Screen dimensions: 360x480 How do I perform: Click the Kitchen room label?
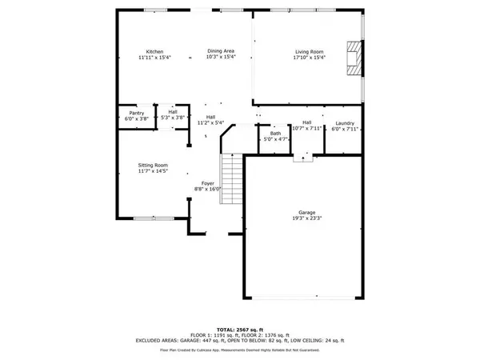[x=143, y=52]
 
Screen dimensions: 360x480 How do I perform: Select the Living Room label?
[x=306, y=52]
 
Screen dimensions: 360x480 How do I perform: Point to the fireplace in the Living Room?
[x=352, y=58]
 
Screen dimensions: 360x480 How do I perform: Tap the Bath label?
[x=275, y=134]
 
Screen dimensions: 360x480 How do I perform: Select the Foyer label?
[x=207, y=183]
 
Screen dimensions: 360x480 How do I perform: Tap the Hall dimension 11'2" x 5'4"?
[x=211, y=123]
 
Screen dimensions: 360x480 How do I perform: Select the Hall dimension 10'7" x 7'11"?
[x=306, y=129]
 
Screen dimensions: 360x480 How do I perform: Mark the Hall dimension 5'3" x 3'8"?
[x=173, y=118]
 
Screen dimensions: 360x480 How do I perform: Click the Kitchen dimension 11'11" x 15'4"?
[x=143, y=58]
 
